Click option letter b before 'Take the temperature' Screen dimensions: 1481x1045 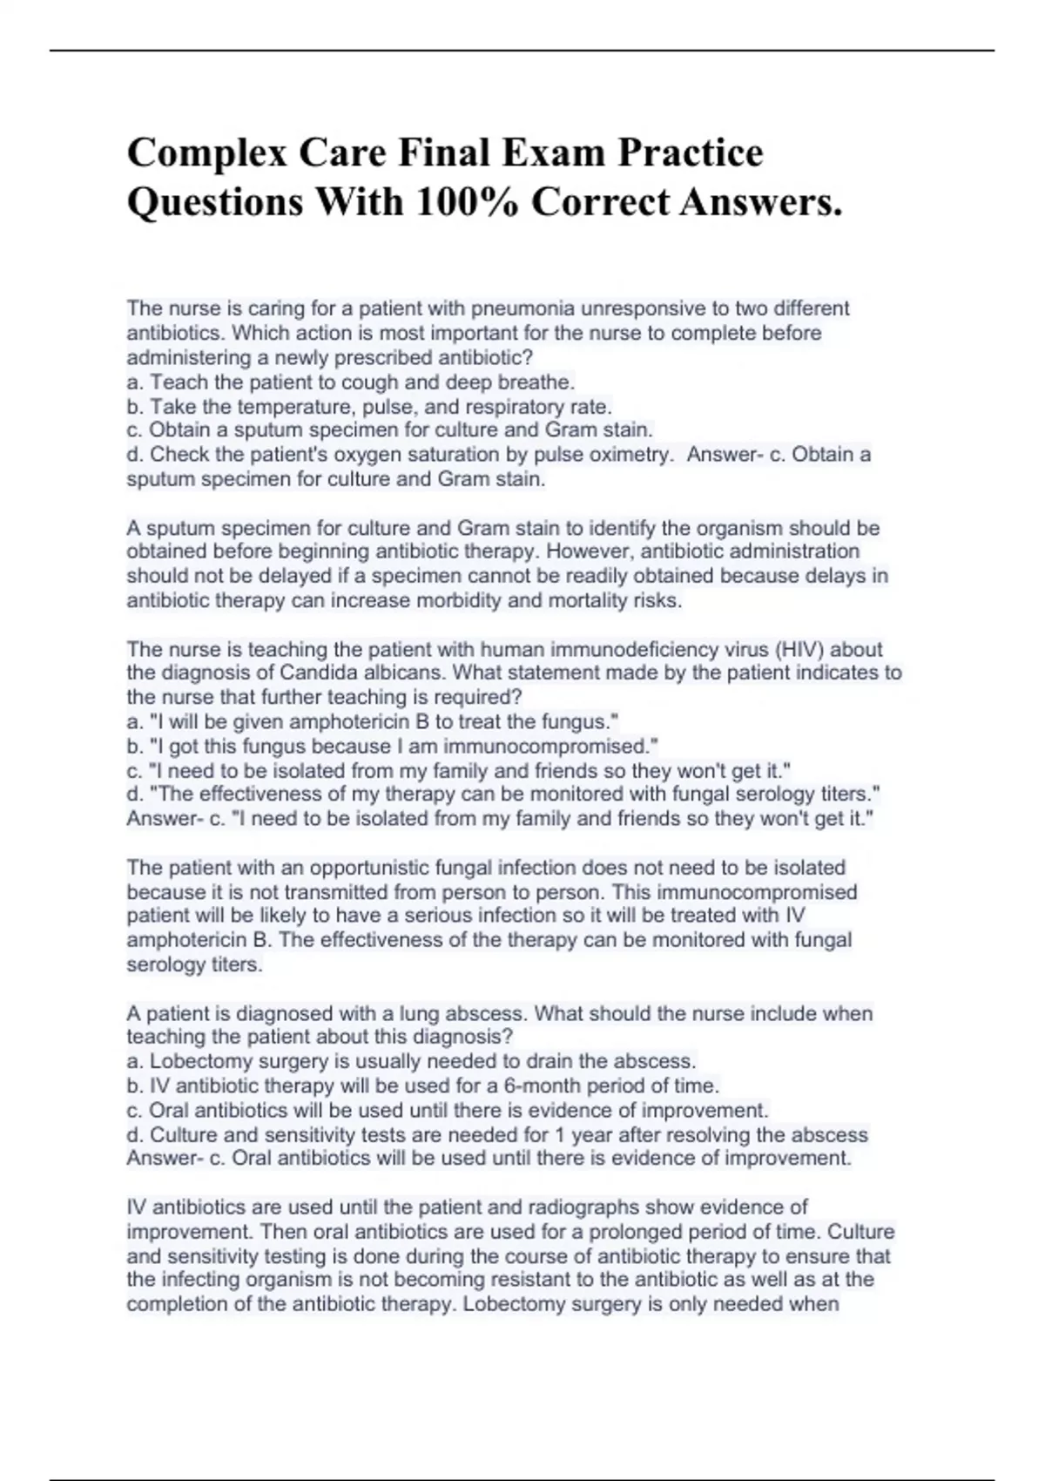point(134,407)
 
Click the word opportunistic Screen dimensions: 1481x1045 point(369,868)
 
